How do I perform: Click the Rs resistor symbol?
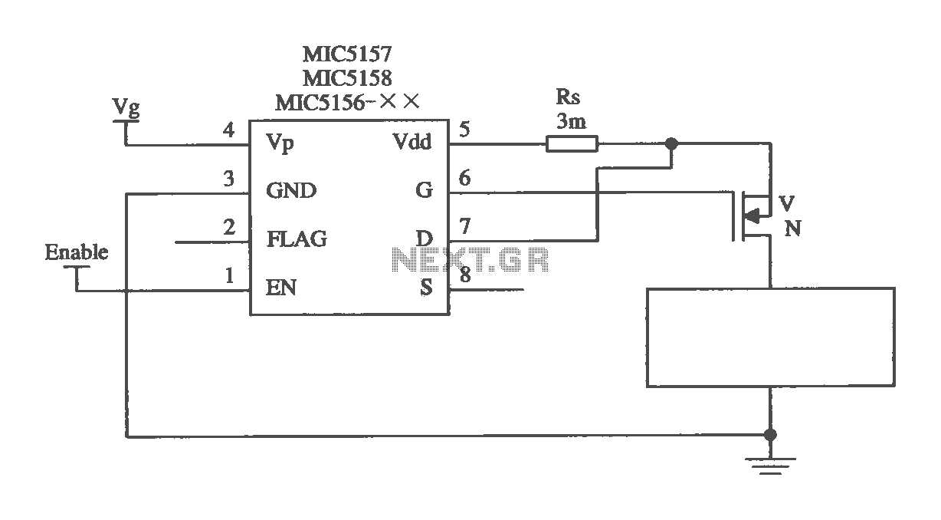[572, 143]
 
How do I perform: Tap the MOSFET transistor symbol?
[752, 216]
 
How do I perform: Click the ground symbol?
[770, 466]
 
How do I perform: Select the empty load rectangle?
[771, 337]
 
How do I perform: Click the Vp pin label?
[280, 143]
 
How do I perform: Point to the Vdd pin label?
[412, 142]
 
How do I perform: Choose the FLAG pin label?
[297, 239]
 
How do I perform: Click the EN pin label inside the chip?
[281, 288]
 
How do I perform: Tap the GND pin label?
[291, 190]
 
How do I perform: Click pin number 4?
[228, 130]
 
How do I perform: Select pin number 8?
[465, 275]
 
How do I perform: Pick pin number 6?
[464, 178]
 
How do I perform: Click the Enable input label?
[77, 252]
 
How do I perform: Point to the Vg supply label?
[126, 107]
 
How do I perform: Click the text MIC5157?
[347, 54]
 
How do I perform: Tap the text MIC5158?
[347, 77]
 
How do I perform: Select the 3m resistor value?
[572, 121]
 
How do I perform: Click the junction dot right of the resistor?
[672, 143]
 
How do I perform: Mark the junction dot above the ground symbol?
[770, 435]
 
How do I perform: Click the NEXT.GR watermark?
[470, 259]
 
